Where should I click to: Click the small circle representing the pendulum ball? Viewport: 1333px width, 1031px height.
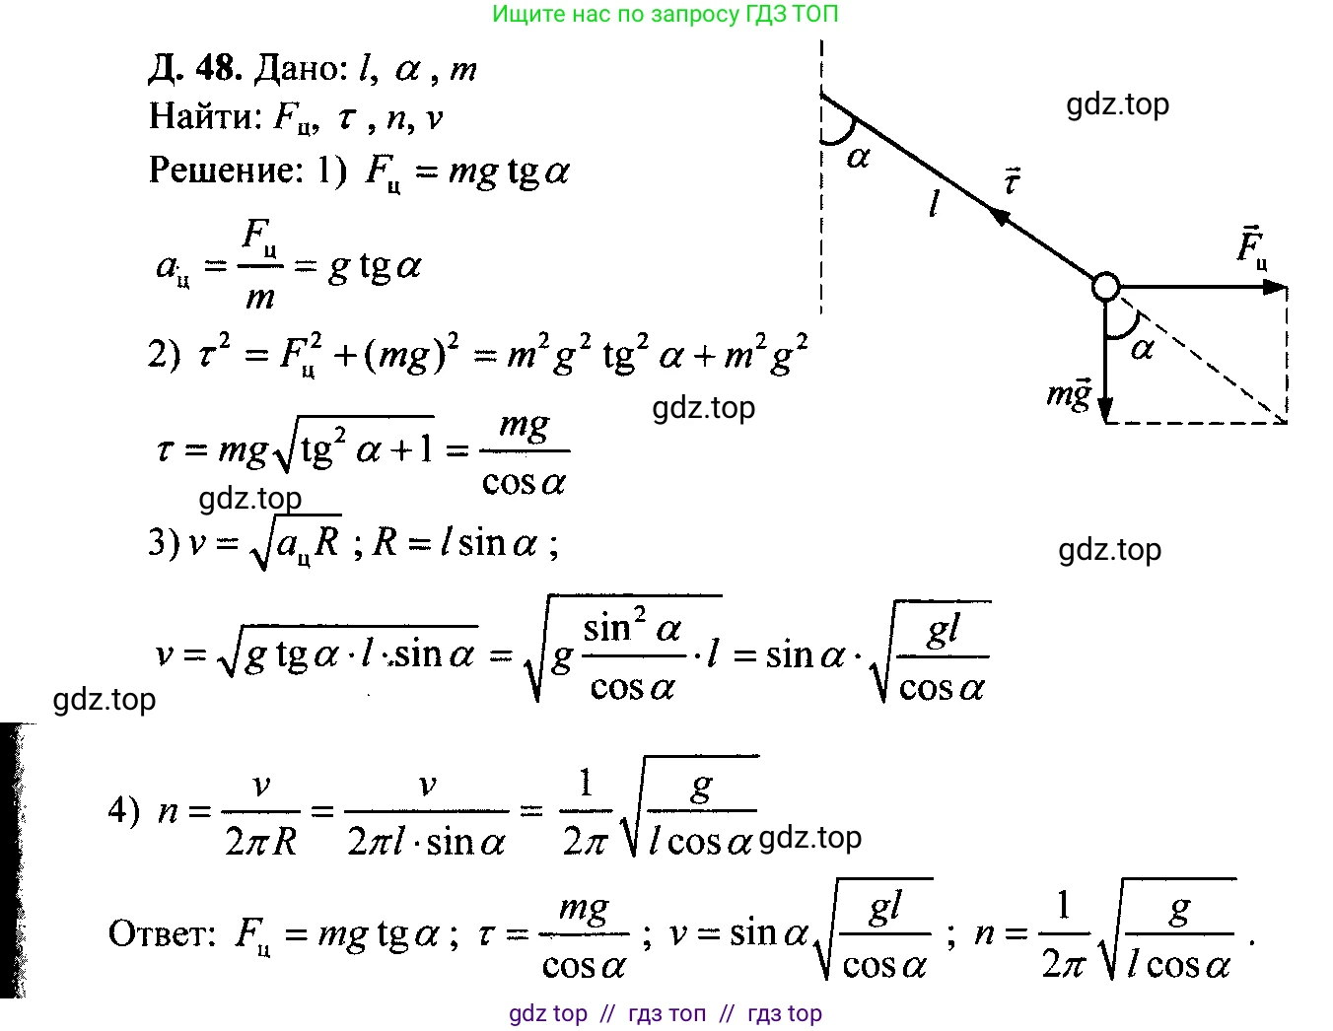1106,286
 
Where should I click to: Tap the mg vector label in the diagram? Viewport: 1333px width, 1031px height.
1069,394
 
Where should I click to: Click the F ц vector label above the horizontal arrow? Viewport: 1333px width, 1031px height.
1251,247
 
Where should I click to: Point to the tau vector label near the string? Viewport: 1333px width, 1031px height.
1012,181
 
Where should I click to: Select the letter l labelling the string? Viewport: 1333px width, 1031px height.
935,203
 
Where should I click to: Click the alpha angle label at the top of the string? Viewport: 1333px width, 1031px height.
858,158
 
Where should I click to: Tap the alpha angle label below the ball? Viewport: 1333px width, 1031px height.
1142,349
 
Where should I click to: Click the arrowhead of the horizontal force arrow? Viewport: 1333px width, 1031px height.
1275,287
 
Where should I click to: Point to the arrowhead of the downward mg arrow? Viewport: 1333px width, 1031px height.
1105,409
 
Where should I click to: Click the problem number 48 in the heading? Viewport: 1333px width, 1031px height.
217,67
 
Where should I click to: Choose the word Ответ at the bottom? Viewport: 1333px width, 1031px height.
162,932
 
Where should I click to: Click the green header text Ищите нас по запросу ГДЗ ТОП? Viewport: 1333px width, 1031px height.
665,14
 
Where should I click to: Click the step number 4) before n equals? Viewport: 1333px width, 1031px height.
124,810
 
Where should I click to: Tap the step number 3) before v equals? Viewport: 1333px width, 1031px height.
164,542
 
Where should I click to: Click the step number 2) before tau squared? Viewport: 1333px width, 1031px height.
165,354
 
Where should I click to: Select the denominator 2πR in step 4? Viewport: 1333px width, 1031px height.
260,841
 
